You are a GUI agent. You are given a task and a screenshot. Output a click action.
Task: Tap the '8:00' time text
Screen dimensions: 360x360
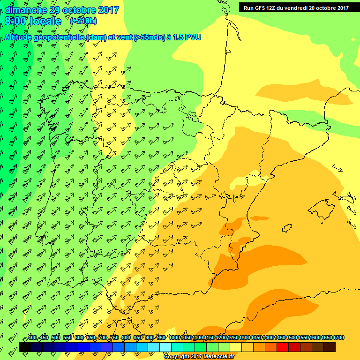coord(15,22)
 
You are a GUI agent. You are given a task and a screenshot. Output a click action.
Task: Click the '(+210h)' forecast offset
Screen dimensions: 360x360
coord(83,21)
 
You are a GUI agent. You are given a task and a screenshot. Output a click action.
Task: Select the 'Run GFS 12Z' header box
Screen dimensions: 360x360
coord(295,7)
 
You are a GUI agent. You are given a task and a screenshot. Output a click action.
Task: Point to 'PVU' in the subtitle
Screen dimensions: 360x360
coord(193,37)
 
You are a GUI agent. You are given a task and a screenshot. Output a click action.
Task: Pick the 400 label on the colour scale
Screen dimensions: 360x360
coord(33,338)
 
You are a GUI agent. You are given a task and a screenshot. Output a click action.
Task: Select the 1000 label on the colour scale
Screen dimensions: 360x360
coord(174,338)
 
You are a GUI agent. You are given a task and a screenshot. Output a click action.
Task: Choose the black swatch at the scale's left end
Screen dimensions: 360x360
coord(25,347)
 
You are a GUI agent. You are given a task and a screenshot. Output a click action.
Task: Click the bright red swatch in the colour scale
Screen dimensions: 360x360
coord(283,347)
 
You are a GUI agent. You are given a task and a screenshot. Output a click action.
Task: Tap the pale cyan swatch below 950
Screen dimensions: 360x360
coord(165,347)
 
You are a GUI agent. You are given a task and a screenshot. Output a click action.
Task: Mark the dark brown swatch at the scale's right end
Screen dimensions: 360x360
coord(330,347)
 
